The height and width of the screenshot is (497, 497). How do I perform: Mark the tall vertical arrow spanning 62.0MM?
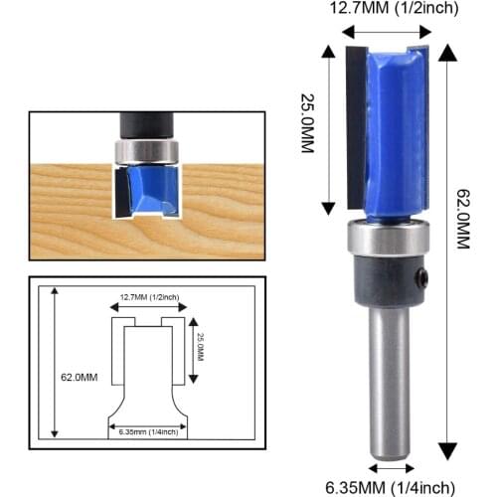pyautogui.click(x=444, y=248)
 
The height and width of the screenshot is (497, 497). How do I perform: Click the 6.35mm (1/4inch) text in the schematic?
pyautogui.click(x=148, y=430)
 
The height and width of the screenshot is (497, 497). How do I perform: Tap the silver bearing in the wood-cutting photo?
pyautogui.click(x=146, y=151)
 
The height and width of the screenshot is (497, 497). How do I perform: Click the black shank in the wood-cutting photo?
pyautogui.click(x=146, y=124)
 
